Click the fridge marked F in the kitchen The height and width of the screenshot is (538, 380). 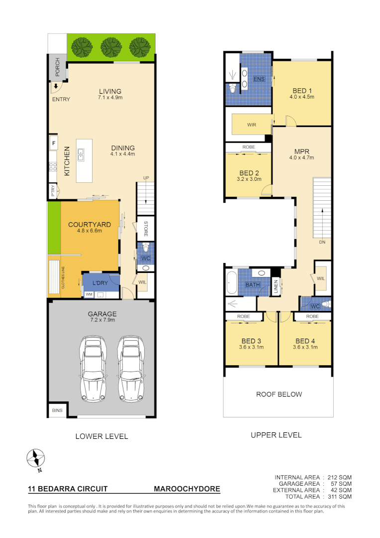point(53,144)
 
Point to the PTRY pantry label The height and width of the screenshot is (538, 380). point(53,191)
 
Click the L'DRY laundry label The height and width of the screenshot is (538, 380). point(100,283)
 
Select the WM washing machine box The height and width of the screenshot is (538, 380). point(89,295)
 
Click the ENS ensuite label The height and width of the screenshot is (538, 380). point(259,79)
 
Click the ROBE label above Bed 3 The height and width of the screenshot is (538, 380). point(243,316)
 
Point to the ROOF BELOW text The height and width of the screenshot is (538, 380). point(279,394)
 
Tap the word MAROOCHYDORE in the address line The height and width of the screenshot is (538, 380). point(187,489)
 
